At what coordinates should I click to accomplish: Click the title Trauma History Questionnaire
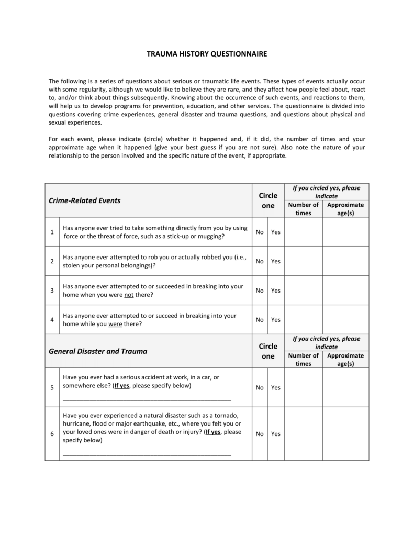point(207,54)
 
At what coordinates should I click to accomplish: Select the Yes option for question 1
point(276,232)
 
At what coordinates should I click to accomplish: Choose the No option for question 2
point(260,261)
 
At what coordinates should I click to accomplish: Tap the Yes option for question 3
point(276,291)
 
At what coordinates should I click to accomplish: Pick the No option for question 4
point(260,320)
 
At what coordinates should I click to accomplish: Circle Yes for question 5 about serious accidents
point(276,388)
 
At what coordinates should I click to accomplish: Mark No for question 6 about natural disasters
point(260,434)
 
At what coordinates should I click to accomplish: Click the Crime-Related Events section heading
point(85,200)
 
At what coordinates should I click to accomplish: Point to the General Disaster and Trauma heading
point(98,351)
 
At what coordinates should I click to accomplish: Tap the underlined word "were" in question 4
point(115,324)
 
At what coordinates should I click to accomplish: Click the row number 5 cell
point(52,388)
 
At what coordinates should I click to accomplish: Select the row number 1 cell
point(52,232)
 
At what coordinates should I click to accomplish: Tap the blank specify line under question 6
point(147,454)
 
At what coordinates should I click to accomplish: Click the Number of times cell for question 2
point(303,261)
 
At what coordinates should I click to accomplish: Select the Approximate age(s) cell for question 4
point(345,320)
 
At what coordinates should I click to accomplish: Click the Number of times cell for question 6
point(303,434)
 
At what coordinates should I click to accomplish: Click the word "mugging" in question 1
point(211,236)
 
